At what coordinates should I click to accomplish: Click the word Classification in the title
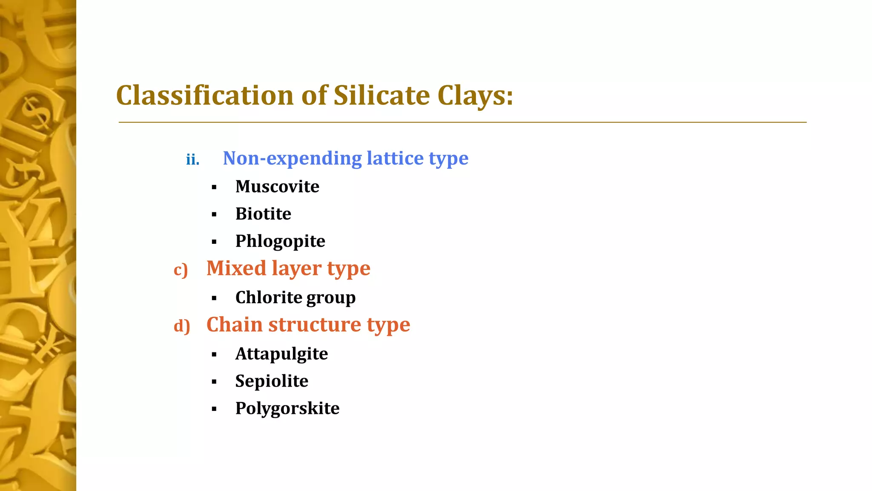205,95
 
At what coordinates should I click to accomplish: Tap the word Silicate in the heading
381,95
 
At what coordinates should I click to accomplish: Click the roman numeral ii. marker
192,160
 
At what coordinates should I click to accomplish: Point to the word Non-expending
292,159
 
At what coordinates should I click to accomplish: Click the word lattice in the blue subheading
395,158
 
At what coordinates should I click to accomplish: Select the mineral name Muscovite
277,187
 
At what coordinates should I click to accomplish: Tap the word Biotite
263,214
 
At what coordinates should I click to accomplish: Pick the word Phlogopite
280,242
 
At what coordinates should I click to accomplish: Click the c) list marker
181,270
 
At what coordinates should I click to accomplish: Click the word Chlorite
268,297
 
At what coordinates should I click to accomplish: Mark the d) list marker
182,326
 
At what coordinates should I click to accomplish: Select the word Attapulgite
281,354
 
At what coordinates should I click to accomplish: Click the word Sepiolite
272,381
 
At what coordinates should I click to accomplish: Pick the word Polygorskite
287,409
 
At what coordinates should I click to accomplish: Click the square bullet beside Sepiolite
214,382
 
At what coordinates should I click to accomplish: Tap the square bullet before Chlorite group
214,298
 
